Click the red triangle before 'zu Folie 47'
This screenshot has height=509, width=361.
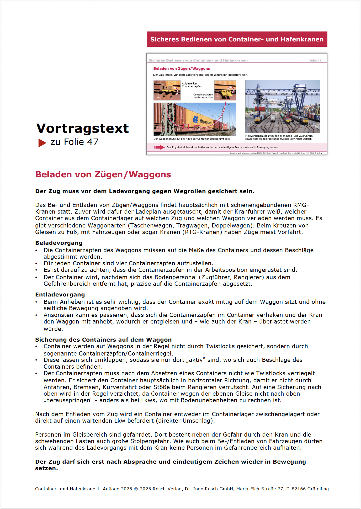[x=42, y=143]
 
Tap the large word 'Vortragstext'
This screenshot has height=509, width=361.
[x=82, y=128]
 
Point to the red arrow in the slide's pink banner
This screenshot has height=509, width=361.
[x=159, y=147]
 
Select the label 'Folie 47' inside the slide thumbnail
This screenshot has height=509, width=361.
[x=315, y=61]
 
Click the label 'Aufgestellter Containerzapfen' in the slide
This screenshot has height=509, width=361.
[x=192, y=85]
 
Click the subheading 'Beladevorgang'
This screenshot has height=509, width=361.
[x=59, y=243]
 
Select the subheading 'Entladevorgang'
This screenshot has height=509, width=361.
[x=60, y=295]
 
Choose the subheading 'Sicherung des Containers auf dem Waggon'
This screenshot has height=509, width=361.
[x=103, y=340]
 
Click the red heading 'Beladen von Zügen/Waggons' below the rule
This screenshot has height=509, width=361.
[x=103, y=174]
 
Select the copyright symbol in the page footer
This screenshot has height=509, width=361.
[x=136, y=489]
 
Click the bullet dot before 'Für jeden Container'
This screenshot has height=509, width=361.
[x=36, y=264]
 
